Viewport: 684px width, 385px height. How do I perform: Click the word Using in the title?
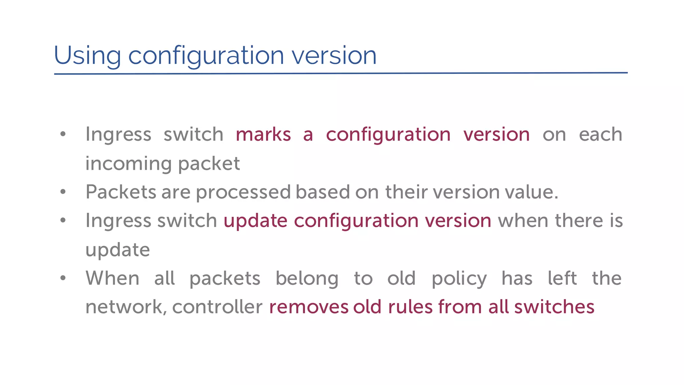coord(87,55)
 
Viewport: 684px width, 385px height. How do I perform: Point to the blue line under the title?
coord(341,73)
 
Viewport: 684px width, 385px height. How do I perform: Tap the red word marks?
coord(263,135)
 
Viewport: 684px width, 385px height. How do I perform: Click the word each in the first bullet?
coord(601,135)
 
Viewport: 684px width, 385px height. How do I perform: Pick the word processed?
coord(243,192)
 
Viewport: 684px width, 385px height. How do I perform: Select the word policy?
coord(459,279)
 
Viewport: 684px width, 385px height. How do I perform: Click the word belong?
coord(307,279)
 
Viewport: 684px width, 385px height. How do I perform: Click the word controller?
coord(217,307)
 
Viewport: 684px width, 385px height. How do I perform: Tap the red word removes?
coord(308,307)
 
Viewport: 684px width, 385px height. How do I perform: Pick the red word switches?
coord(554,307)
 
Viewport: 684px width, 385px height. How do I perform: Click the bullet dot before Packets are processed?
coord(63,192)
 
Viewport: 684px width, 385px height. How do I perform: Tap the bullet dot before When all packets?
coord(63,278)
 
